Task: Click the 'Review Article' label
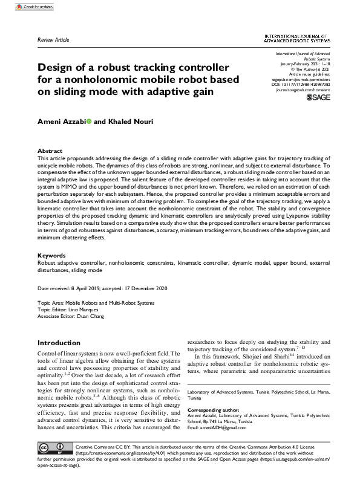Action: (x=53, y=40)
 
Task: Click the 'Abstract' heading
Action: (x=50, y=151)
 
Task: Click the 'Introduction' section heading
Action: (x=59, y=343)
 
